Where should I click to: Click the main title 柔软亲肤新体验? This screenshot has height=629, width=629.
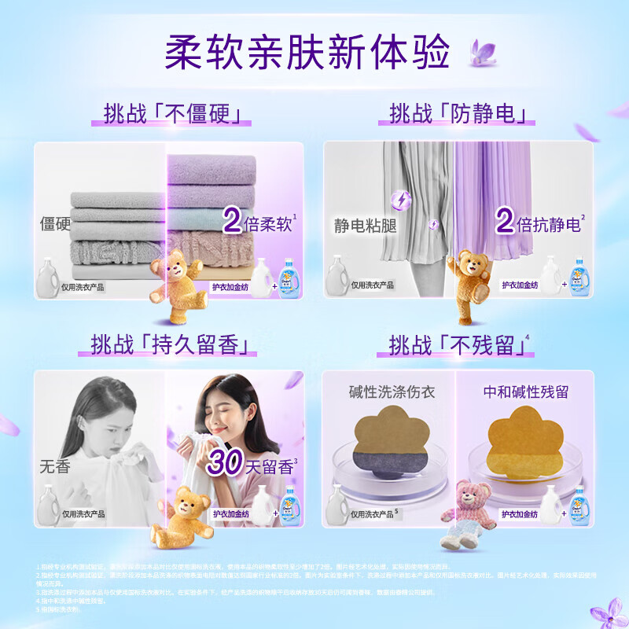point(307,52)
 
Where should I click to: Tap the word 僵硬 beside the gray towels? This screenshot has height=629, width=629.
point(56,223)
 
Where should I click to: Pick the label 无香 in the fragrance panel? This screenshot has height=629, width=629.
point(55,466)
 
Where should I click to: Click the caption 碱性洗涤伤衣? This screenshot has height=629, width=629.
point(392,391)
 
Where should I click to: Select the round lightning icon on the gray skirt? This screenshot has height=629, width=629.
point(401,200)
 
